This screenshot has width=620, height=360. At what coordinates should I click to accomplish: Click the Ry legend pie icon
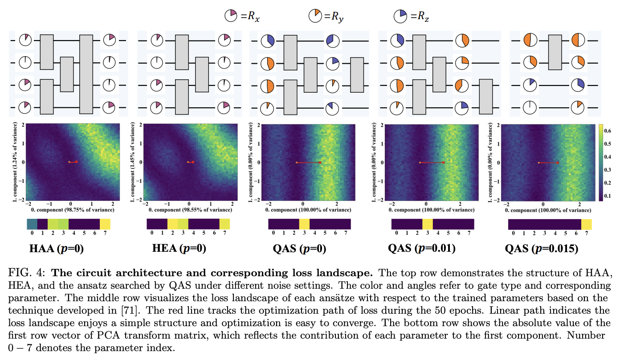coord(314,17)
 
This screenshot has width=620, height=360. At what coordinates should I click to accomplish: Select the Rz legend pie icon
coord(400,17)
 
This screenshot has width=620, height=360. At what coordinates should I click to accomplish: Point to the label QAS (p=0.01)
coord(421,249)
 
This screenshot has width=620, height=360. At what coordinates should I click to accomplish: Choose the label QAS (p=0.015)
coord(541,249)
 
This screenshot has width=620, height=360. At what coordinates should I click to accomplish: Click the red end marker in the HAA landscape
coord(76,162)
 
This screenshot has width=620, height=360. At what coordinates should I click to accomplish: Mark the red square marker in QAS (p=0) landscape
coord(320,163)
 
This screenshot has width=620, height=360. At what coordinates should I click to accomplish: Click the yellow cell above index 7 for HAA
coord(105,224)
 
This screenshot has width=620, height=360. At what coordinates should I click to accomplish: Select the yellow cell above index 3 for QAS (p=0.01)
coord(427,224)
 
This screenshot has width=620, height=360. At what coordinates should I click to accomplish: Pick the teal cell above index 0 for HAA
coord(32,224)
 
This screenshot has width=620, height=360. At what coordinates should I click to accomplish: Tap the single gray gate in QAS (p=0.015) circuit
coord(555,52)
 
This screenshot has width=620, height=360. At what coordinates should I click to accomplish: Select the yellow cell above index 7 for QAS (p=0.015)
coord(586,225)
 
